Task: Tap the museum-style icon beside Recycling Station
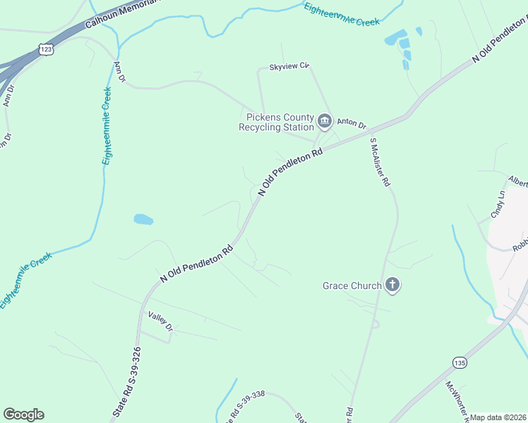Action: click(x=325, y=121)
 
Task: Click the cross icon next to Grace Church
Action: click(x=392, y=286)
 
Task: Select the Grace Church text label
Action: click(x=352, y=286)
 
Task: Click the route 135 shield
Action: click(x=460, y=362)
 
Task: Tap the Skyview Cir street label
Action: click(x=289, y=66)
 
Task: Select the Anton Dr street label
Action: click(x=351, y=123)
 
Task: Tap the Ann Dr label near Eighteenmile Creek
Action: click(x=119, y=72)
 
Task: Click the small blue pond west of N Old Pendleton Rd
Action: click(x=143, y=219)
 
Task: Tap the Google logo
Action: click(x=23, y=415)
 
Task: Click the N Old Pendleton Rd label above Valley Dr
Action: click(x=197, y=263)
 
